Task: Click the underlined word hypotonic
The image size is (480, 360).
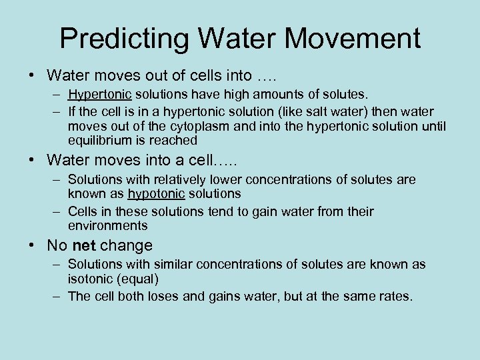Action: pyautogui.click(x=155, y=193)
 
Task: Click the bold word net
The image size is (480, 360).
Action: pyautogui.click(x=84, y=246)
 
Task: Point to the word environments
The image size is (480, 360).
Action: pyautogui.click(x=107, y=225)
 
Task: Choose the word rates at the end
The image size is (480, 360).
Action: pyautogui.click(x=393, y=296)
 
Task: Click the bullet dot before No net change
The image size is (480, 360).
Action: pyautogui.click(x=33, y=246)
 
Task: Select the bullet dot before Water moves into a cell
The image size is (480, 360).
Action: pyautogui.click(x=33, y=161)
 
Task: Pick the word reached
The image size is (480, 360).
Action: pyautogui.click(x=175, y=141)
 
